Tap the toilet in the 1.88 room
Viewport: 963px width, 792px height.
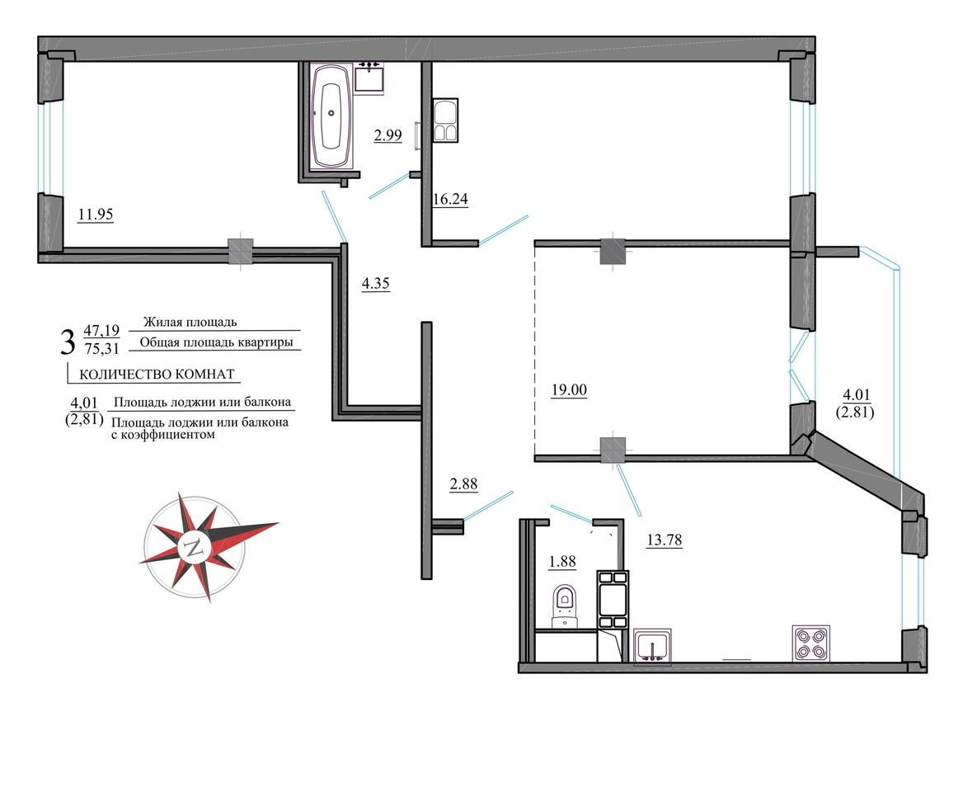click(x=565, y=606)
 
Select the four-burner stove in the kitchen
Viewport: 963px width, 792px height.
click(x=810, y=643)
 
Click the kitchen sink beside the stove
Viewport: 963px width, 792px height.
click(x=651, y=646)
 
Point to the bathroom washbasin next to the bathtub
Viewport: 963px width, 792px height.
click(x=369, y=78)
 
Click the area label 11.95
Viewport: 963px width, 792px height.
click(x=95, y=214)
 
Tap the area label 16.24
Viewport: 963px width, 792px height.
click(x=450, y=199)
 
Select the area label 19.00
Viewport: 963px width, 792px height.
click(x=570, y=389)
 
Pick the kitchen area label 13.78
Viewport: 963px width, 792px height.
click(x=665, y=540)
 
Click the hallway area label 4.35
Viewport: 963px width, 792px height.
click(x=375, y=283)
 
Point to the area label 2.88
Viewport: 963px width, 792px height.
click(x=463, y=484)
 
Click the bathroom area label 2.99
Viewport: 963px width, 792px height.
click(x=388, y=134)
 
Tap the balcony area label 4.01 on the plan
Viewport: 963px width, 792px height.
click(x=857, y=395)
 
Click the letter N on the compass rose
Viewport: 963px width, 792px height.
click(x=195, y=548)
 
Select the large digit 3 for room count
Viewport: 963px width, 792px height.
click(x=68, y=342)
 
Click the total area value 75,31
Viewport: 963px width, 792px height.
click(x=102, y=349)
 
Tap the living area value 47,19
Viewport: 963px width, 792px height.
click(x=102, y=331)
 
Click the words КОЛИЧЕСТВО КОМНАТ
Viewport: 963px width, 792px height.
click(x=157, y=375)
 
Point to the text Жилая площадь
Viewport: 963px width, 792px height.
click(x=190, y=322)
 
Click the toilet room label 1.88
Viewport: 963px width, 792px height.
click(x=562, y=561)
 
